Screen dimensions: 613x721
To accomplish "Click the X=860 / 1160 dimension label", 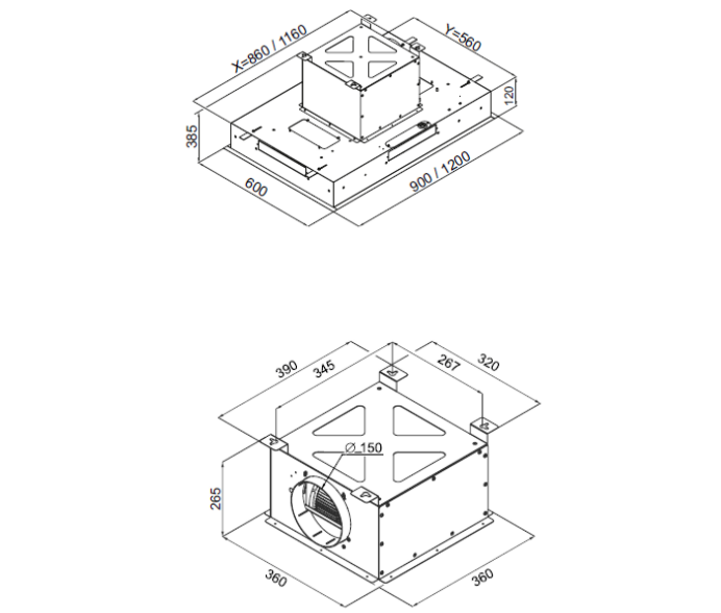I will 270,49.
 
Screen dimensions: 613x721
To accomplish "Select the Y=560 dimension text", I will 463,38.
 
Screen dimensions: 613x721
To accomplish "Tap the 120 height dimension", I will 509,95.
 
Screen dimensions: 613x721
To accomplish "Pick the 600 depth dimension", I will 256,187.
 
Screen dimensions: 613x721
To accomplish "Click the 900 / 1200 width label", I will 440,172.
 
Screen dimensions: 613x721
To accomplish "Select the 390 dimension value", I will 286,369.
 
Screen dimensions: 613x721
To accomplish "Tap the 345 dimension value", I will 324,368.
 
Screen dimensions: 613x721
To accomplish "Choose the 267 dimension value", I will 449,362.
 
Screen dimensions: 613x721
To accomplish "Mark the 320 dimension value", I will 488,362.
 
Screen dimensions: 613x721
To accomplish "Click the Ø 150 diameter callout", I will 364,447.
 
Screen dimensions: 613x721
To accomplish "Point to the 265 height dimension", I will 216,498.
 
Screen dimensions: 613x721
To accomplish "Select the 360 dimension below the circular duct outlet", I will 276,578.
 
